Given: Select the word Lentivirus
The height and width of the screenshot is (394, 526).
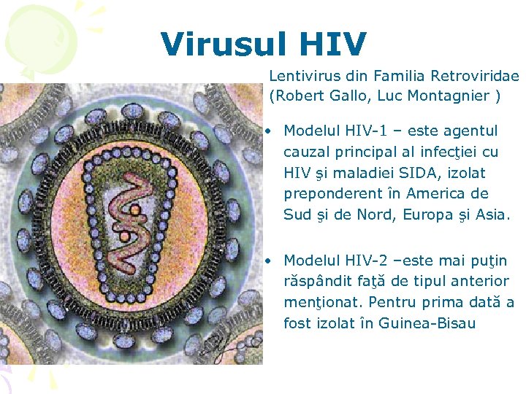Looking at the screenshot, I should click(301, 76).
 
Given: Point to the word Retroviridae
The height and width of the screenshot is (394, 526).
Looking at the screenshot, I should click(476, 76).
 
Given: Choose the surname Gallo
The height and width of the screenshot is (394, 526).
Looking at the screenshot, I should click(346, 96).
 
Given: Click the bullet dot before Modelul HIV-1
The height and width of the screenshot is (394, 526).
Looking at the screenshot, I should click(270, 132).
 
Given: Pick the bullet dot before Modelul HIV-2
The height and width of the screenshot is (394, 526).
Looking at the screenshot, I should click(270, 261).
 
